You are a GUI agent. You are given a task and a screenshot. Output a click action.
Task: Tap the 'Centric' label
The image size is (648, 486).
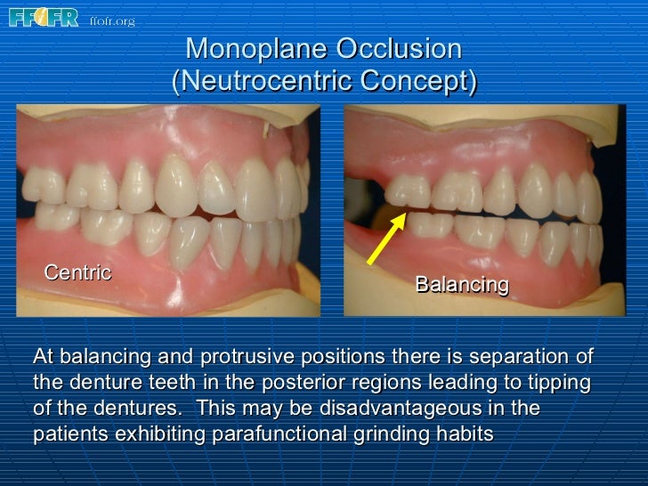(78, 271)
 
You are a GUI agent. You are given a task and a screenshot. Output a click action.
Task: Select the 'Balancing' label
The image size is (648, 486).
(461, 285)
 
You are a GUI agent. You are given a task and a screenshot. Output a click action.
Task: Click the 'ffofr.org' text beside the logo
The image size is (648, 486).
(112, 20)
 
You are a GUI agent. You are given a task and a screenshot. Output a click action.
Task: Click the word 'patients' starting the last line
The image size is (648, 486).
(66, 435)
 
